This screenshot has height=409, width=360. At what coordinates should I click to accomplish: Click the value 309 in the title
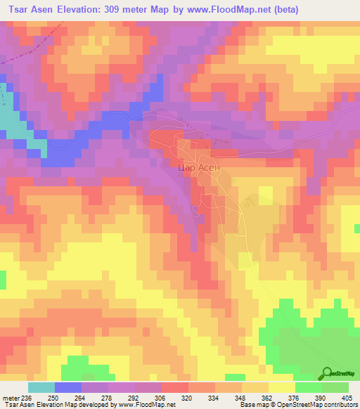(121, 10)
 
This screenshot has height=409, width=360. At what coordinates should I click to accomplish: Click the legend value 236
(27, 398)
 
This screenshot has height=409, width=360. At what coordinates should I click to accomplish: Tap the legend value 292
(135, 398)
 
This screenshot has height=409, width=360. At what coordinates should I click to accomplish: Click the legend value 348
(242, 398)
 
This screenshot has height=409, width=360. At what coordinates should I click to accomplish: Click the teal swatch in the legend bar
(41, 387)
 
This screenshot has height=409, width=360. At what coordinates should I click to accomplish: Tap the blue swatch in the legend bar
(67, 387)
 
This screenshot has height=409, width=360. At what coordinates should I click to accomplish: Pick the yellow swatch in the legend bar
(282, 387)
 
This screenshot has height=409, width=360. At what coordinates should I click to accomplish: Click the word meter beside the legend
(10, 398)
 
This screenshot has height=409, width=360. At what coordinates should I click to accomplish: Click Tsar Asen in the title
(28, 10)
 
